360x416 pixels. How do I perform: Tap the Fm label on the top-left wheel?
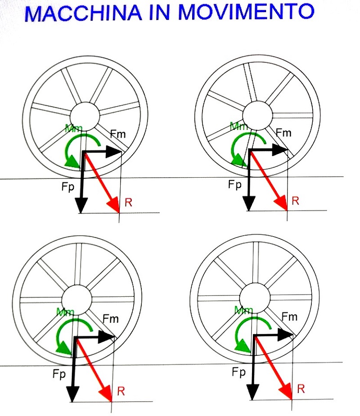118,133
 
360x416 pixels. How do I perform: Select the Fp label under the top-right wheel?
234,184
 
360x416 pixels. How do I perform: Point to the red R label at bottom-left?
121,391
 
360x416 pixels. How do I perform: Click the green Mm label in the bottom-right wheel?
244,310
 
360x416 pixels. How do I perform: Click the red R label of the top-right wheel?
295,201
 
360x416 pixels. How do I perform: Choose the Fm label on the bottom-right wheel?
289,316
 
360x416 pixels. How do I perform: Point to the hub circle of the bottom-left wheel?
77,299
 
